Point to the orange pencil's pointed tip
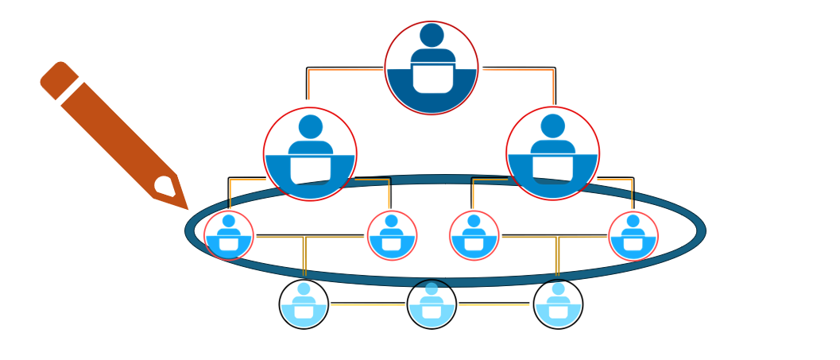click(x=186, y=207)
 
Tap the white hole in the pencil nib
click(x=165, y=187)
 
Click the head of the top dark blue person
click(x=432, y=35)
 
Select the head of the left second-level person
click(x=311, y=127)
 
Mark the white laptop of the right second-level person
click(x=552, y=168)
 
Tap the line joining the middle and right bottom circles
click(x=494, y=304)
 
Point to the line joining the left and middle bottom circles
click(x=367, y=304)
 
